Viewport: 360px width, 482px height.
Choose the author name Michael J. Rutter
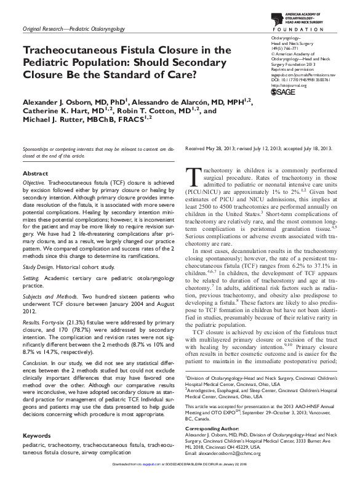coord(55,122)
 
